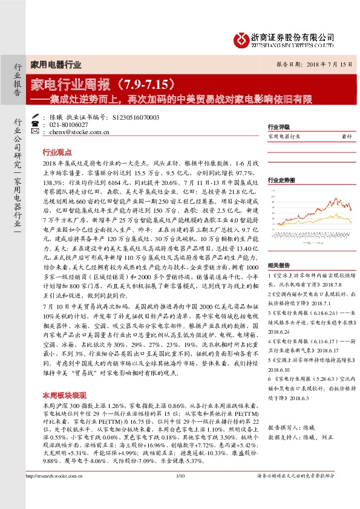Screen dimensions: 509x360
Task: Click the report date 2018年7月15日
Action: (x=324, y=63)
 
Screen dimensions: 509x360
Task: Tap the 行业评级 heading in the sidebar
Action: (x=277, y=128)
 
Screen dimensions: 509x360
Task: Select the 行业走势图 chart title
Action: (x=281, y=181)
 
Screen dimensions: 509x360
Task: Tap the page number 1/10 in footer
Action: (x=180, y=495)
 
